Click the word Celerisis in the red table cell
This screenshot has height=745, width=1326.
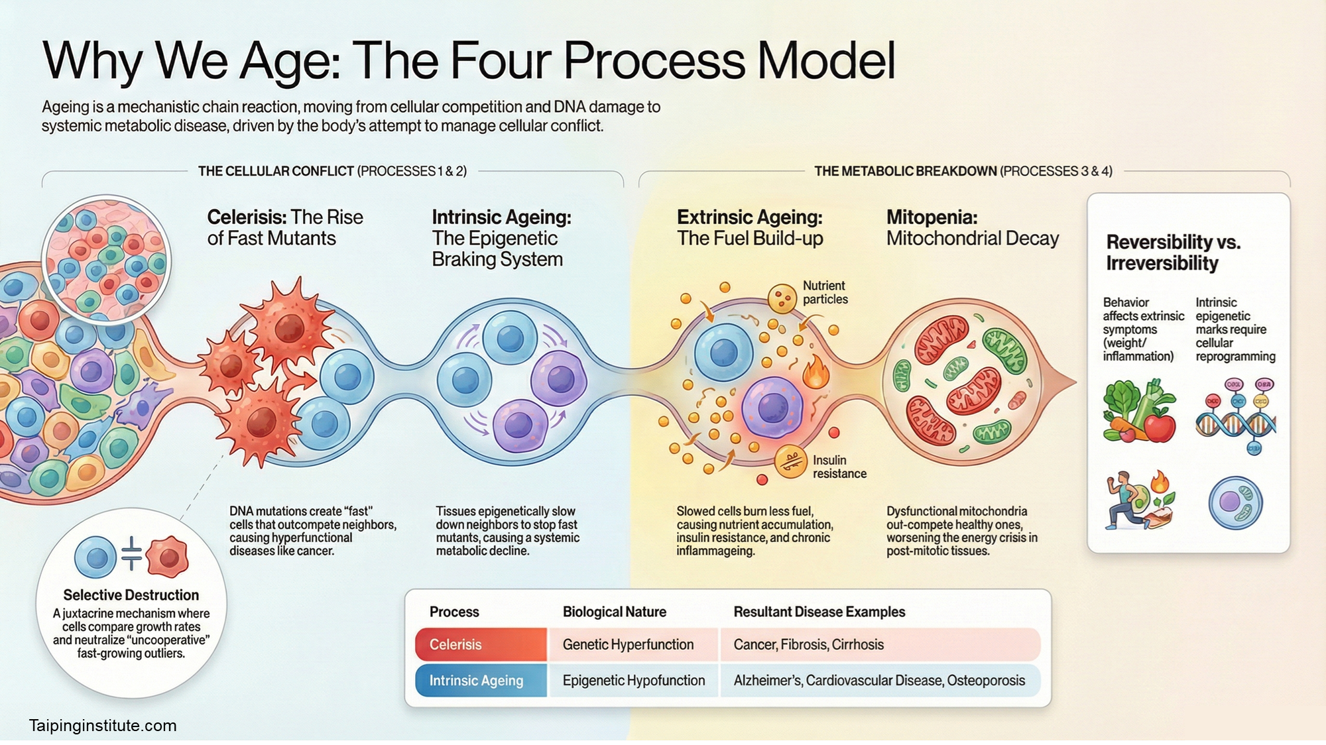455,644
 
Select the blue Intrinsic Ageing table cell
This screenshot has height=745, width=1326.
481,681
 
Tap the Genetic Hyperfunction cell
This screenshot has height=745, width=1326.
633,644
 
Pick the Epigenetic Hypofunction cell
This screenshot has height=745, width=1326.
633,681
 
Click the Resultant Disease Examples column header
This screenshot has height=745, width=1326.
819,612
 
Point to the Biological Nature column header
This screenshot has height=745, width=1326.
615,612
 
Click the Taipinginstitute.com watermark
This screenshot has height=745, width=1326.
103,726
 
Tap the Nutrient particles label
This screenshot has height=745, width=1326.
825,292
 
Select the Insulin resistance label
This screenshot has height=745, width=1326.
839,467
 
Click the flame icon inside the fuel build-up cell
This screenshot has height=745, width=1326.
816,371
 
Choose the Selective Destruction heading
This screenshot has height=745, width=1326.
131,595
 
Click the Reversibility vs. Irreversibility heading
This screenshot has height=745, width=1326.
1173,253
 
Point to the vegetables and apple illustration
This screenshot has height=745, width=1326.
1139,411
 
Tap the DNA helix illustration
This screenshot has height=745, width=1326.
1236,416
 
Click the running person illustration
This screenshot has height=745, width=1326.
1140,500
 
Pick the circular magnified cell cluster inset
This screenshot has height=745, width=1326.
106,260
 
